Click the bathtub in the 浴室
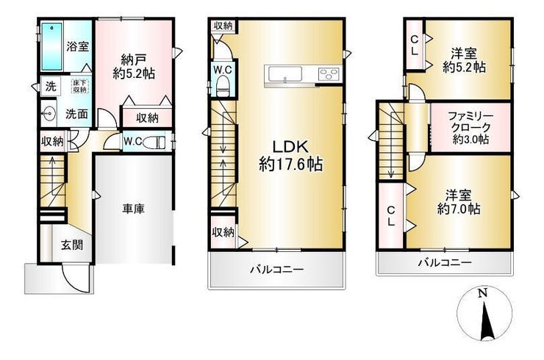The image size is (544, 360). (x=52, y=46)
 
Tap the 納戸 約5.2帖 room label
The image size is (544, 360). (x=134, y=66)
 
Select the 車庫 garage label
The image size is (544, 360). (x=134, y=209)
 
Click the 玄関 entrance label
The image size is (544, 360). (x=72, y=245)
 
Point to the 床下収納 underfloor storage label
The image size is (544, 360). (x=79, y=86)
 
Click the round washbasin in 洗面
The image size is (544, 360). (x=48, y=113)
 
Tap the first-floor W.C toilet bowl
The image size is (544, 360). (x=154, y=143)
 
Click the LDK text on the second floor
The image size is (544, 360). (x=290, y=147)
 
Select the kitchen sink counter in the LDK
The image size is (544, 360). (x=284, y=74)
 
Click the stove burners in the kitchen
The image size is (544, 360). (x=328, y=74)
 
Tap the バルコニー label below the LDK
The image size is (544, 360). (x=277, y=269)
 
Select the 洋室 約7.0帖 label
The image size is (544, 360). (x=459, y=202)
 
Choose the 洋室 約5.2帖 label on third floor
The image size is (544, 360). (x=464, y=60)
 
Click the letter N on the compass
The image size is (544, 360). (x=482, y=293)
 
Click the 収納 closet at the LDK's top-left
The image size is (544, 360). (x=223, y=26)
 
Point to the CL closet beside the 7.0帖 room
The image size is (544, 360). (x=391, y=215)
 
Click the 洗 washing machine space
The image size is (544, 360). (x=51, y=86)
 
